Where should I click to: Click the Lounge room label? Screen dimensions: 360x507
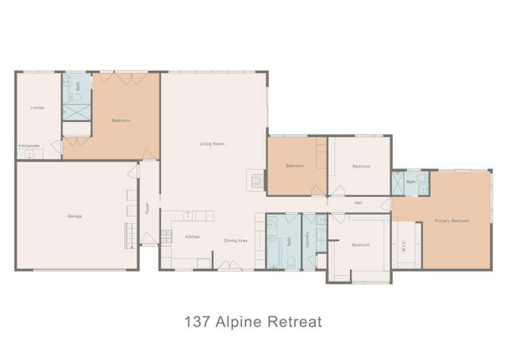click(x=37, y=107)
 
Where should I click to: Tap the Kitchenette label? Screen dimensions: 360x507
click(x=29, y=145)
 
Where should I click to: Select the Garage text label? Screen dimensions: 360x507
click(x=75, y=216)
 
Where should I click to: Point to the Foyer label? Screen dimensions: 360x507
click(x=147, y=208)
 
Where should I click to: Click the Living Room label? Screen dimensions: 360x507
click(x=211, y=144)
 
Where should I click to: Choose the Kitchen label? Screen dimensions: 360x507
click(x=192, y=236)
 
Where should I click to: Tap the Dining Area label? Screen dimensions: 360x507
click(x=235, y=239)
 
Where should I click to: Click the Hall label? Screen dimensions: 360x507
click(x=358, y=203)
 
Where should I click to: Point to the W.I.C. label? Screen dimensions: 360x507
click(x=404, y=245)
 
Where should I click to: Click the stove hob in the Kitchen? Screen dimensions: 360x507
click(x=167, y=235)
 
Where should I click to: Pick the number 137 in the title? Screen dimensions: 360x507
click(x=197, y=323)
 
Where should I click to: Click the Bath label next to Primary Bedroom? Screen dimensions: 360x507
click(x=410, y=182)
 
